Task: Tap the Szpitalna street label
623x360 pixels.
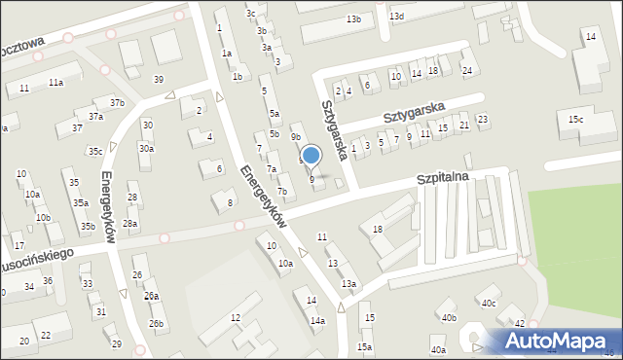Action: (x=443, y=179)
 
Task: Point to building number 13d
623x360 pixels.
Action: (x=396, y=17)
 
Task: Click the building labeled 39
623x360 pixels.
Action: (x=159, y=79)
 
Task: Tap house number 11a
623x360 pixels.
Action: (x=56, y=83)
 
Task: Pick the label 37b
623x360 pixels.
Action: (x=117, y=103)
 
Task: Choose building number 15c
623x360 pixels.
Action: (x=576, y=119)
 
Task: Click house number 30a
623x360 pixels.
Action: (x=146, y=148)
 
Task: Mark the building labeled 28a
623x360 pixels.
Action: (x=129, y=224)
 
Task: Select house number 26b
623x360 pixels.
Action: (x=156, y=323)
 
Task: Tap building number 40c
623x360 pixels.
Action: (x=488, y=304)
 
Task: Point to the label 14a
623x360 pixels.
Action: (x=317, y=320)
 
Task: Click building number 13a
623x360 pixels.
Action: (x=348, y=283)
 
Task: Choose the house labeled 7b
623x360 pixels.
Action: (x=281, y=192)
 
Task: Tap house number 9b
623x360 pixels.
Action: (x=295, y=137)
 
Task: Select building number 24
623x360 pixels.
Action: (x=467, y=70)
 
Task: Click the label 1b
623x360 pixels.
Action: (x=238, y=76)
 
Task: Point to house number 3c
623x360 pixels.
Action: (x=250, y=13)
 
